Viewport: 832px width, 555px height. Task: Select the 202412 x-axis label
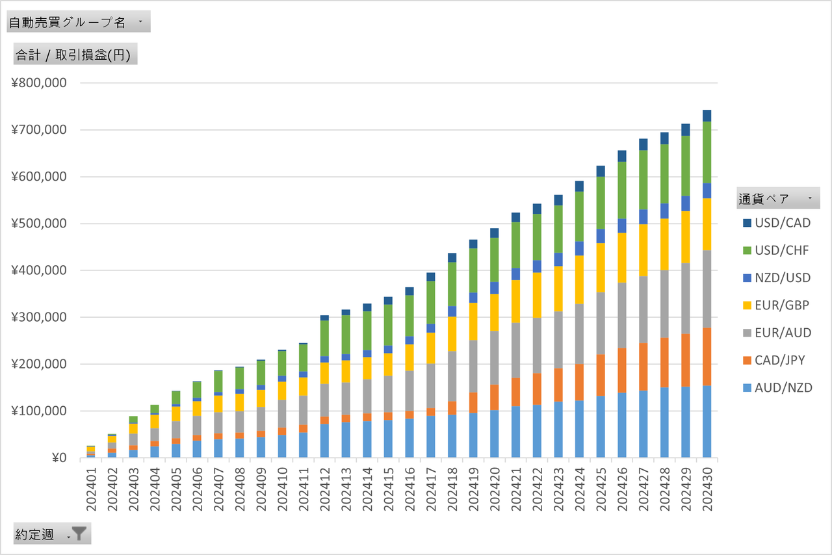(324, 484)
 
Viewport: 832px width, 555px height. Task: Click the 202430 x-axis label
(707, 484)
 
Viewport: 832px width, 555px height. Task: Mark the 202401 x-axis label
(91, 484)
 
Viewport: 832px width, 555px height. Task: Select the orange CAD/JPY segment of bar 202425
(600, 375)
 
